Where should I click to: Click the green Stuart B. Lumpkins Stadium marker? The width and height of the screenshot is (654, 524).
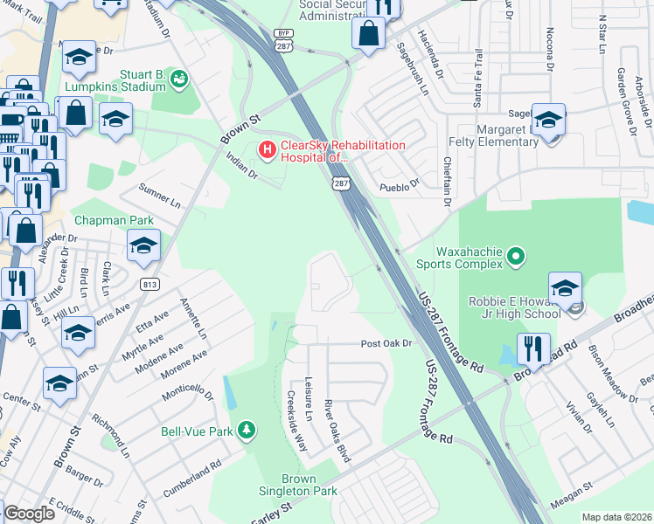pyautogui.click(x=179, y=79)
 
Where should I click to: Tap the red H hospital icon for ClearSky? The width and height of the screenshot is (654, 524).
pyautogui.click(x=266, y=151)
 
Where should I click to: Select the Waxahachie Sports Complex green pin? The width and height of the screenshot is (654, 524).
pyautogui.click(x=515, y=256)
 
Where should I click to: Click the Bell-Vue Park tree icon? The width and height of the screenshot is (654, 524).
pyautogui.click(x=247, y=430)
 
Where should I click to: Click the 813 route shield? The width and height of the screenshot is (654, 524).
pyautogui.click(x=149, y=284)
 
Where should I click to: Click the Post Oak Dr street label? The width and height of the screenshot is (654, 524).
pyautogui.click(x=386, y=344)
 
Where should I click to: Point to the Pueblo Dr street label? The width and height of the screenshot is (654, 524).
pyautogui.click(x=399, y=184)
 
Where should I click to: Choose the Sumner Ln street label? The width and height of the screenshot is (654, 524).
pyautogui.click(x=159, y=196)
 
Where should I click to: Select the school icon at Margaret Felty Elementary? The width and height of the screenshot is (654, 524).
pyautogui.click(x=549, y=120)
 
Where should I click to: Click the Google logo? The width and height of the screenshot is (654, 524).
pyautogui.click(x=29, y=514)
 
